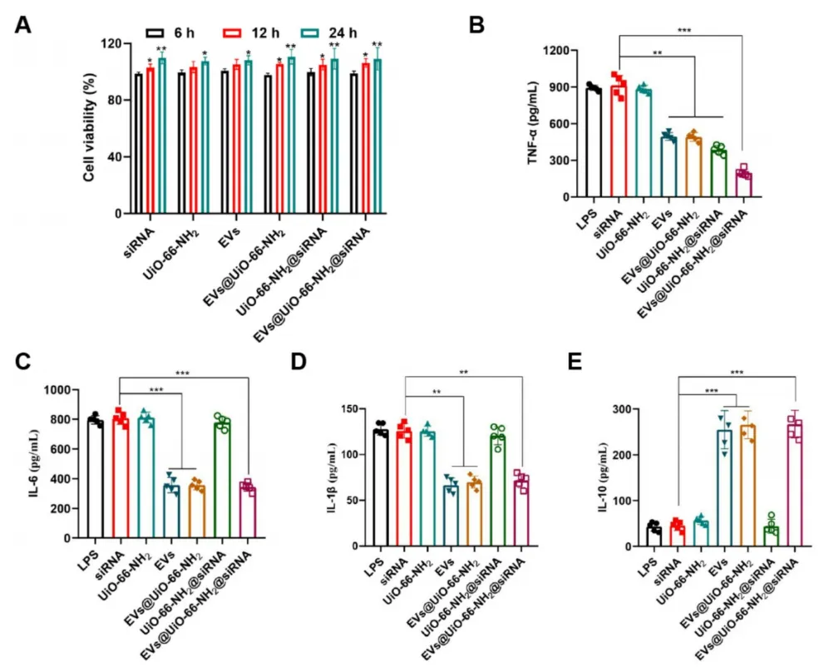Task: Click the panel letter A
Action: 24,24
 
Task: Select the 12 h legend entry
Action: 245,32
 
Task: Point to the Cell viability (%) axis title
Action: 88,127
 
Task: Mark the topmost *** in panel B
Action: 683,31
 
